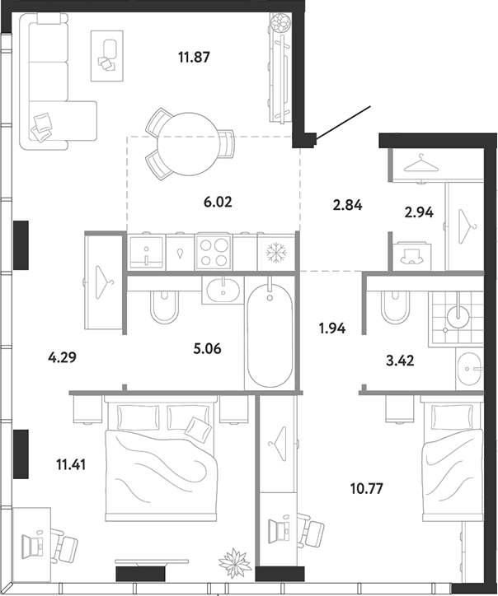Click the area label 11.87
(194, 58)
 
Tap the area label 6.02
(218, 202)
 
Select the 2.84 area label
(347, 205)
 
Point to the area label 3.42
(400, 361)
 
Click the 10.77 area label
(366, 488)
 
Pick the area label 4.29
(62, 357)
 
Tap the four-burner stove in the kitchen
(214, 252)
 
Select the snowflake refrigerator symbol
(276, 253)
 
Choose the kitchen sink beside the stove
(147, 252)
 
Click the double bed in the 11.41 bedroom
(161, 458)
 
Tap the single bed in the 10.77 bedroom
(452, 459)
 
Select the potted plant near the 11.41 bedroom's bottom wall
(235, 563)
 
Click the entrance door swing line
(343, 123)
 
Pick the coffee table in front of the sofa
(107, 56)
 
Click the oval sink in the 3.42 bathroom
(469, 369)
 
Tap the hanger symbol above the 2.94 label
(420, 163)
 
